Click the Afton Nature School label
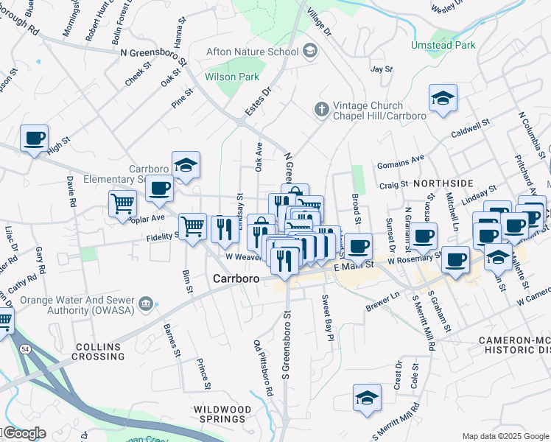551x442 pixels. [252, 51]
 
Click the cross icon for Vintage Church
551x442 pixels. [320, 109]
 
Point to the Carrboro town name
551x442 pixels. [237, 278]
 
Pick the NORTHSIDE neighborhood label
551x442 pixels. [443, 183]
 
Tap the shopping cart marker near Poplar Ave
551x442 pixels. [122, 203]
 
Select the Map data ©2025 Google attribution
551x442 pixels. [505, 436]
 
